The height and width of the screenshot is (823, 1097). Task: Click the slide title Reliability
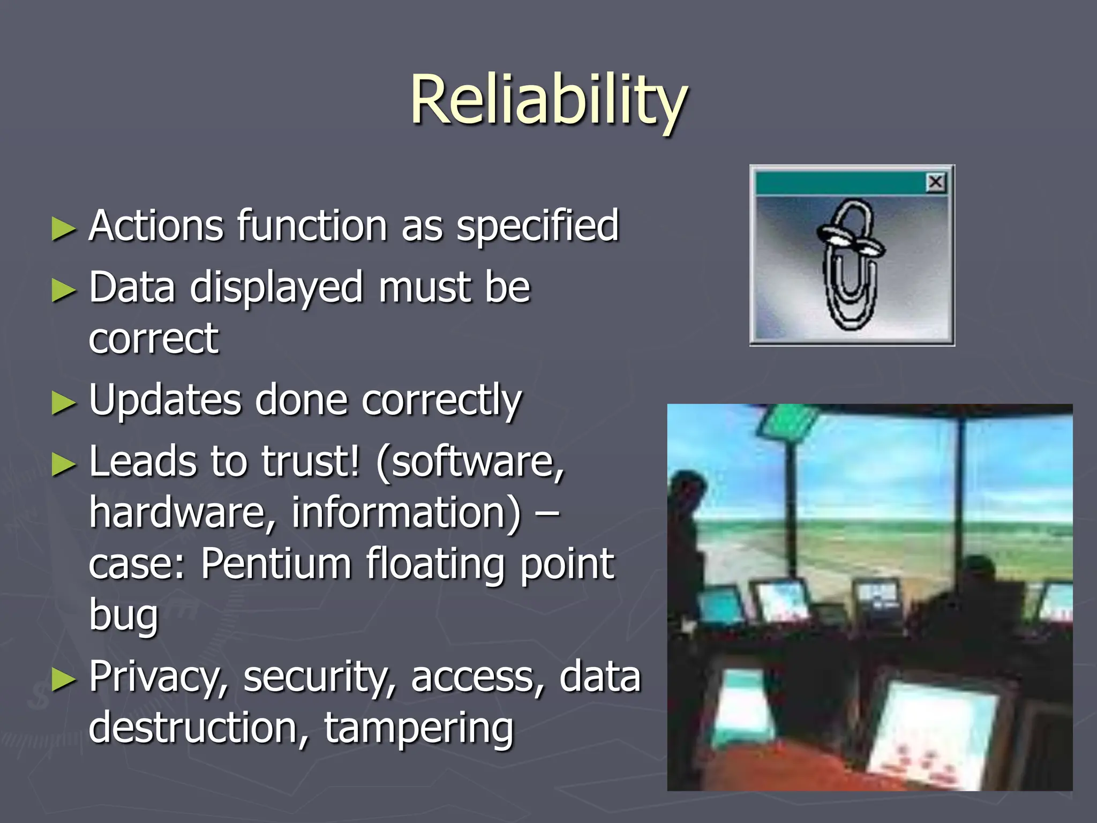[548, 101]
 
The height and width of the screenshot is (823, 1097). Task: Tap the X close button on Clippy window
[936, 183]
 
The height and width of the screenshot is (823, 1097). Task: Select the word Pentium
[276, 564]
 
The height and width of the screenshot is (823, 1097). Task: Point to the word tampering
[419, 728]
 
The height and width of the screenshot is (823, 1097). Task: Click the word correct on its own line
[154, 339]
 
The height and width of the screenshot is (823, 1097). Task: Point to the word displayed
[277, 288]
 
